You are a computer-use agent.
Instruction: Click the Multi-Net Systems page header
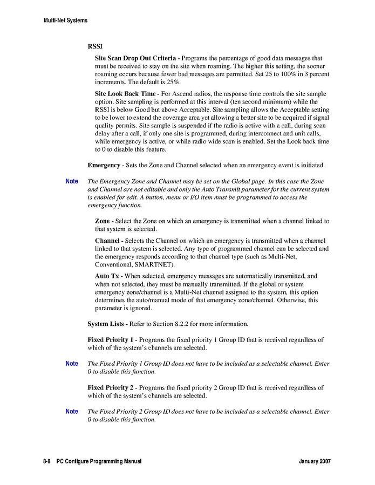tap(65, 21)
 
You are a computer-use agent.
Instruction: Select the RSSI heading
tap(95, 46)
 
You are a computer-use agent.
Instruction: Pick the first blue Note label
tap(72, 181)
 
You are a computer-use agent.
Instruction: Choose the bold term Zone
tap(103, 221)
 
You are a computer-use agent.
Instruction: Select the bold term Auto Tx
tap(108, 276)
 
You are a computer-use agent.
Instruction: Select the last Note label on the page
tap(72, 411)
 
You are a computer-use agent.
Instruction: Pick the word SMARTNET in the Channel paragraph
tap(155, 265)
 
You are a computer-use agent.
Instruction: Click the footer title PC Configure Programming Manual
tap(99, 462)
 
